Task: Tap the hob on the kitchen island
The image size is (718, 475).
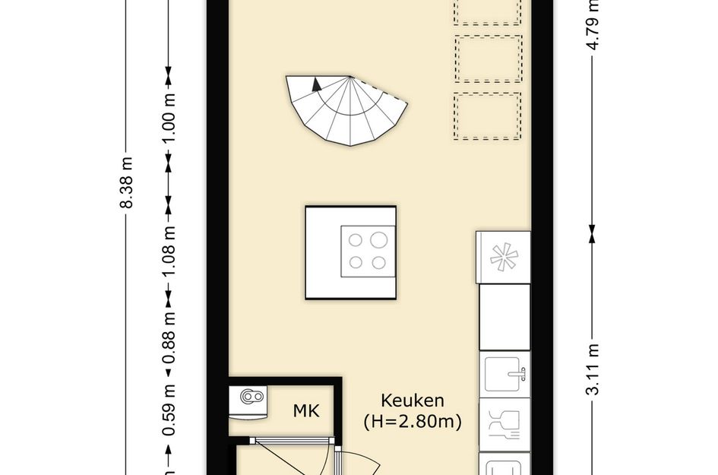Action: pos(368,252)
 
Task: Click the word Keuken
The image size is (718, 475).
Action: pos(413,401)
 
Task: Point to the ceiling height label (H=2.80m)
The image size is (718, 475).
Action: pos(413,420)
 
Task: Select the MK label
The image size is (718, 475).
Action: pos(307,412)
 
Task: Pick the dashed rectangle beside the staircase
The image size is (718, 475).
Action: pos(488,116)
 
